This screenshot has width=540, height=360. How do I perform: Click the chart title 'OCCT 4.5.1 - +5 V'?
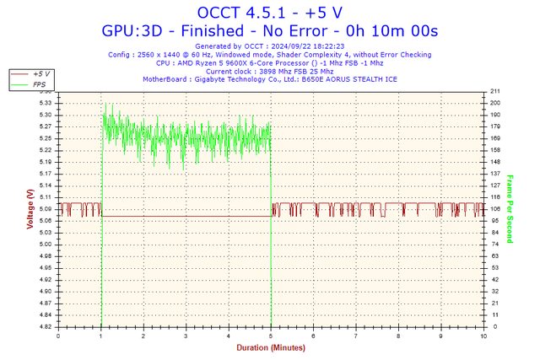click(270, 13)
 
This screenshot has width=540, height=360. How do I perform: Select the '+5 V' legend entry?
click(40, 74)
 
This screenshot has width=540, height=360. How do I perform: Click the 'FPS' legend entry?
click(39, 84)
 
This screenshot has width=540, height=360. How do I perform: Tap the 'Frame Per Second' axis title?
click(510, 208)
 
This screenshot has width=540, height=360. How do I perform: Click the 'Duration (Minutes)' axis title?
click(270, 346)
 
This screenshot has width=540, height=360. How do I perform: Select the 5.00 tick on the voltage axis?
click(46, 244)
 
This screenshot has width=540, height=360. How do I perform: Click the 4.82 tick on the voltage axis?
click(46, 326)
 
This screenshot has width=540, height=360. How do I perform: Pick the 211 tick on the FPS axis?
click(495, 91)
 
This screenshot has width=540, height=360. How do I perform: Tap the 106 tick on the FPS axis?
click(495, 208)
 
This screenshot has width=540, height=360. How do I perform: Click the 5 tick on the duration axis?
click(271, 335)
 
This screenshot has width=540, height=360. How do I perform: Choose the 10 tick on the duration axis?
click(483, 335)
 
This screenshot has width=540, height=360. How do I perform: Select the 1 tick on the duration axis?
click(101, 335)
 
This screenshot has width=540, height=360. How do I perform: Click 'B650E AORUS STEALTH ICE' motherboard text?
click(348, 79)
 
